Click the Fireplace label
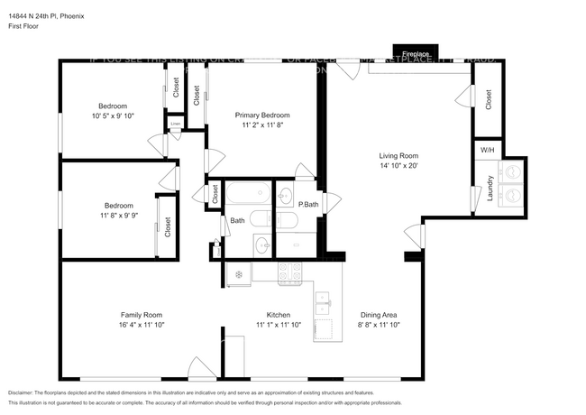[x=416, y=53]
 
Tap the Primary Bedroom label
[x=262, y=115]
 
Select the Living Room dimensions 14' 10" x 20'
[x=398, y=165]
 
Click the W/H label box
[x=487, y=150]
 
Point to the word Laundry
[x=490, y=192]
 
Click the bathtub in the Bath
[x=245, y=194]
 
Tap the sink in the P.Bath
[x=286, y=194]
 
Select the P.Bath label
[x=307, y=206]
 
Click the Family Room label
[x=142, y=315]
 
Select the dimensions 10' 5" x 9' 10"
[x=113, y=115]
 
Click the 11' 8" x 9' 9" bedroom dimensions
[x=118, y=215]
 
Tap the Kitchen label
[x=277, y=315]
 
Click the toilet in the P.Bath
[x=288, y=219]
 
